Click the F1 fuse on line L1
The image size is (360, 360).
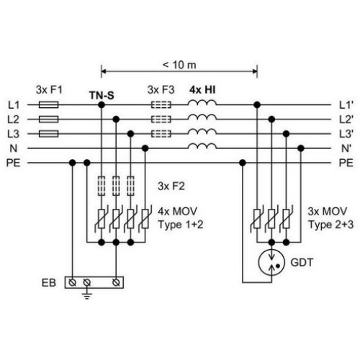coord(48,105)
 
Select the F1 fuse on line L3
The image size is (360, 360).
coord(48,134)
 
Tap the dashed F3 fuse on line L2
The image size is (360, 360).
coord(161,120)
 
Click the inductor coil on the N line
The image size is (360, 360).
coord(202,146)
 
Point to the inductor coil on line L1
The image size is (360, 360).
coord(202,103)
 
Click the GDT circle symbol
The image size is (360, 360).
coord(271,262)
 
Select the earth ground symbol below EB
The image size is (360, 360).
coord(87,296)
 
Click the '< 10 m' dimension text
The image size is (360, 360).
coord(179,65)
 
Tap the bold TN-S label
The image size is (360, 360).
coord(102,96)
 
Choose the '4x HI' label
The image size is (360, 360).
coord(202,90)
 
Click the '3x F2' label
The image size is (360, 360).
coord(171,186)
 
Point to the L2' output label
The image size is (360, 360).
coord(346,120)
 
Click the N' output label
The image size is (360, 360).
coord(346,148)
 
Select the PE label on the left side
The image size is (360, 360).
coord(14,163)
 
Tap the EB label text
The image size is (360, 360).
coord(49,283)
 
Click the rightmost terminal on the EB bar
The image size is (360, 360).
coord(116,283)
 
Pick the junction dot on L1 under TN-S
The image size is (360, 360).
coord(102,105)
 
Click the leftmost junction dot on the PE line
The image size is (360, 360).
coord(72,163)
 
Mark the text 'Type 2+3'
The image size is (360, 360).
coord(331,225)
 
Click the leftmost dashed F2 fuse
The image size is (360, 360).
coord(102,186)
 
